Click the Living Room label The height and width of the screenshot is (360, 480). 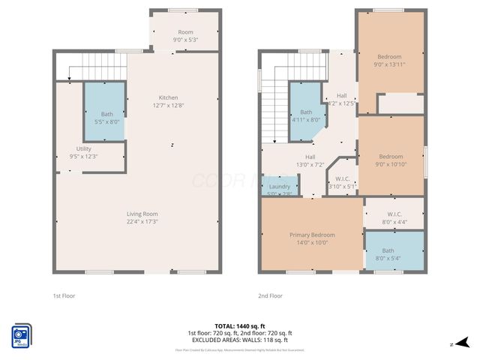141,217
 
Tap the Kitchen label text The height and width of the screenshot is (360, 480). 168,101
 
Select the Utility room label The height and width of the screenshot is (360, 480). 83,152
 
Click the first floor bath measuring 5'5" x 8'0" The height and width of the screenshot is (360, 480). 104,117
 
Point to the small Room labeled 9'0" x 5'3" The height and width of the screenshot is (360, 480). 184,36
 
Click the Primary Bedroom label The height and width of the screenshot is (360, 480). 312,238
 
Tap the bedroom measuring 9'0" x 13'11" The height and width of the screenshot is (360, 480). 389,61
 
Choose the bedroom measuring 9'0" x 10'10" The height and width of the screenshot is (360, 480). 391,160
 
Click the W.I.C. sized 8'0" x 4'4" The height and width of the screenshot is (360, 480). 394,217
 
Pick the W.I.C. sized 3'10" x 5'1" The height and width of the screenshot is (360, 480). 341,182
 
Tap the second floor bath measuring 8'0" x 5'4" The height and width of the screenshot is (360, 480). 388,254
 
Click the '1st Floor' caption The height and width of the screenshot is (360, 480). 64,295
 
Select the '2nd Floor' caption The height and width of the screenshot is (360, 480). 270,295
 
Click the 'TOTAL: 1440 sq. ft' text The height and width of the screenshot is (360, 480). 240,326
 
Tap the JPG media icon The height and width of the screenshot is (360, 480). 20,336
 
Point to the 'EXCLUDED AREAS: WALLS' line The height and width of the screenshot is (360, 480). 240,340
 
